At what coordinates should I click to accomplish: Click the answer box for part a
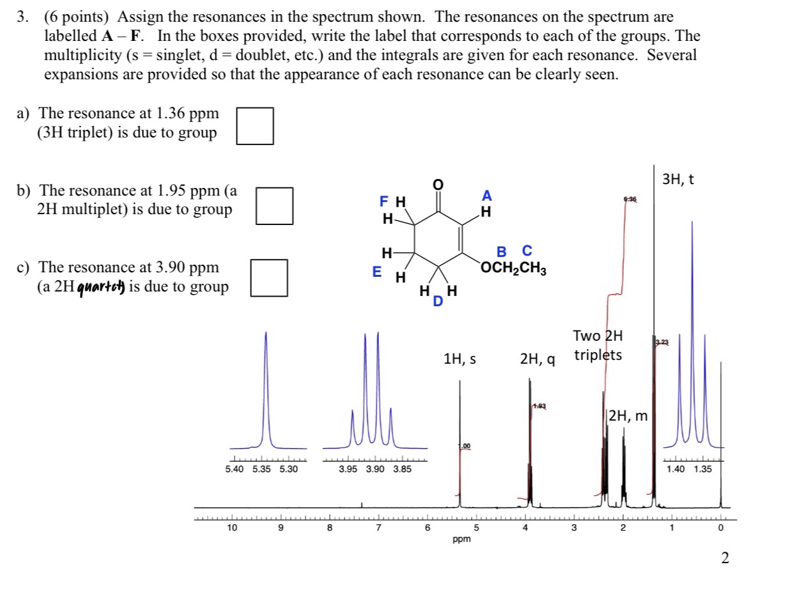(x=256, y=126)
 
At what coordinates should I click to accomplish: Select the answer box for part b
(x=275, y=206)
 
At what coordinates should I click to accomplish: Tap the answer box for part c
(x=268, y=278)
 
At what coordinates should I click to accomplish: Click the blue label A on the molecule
(x=487, y=195)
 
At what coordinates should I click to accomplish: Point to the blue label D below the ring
(x=438, y=301)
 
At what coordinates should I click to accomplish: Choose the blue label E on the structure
(x=378, y=272)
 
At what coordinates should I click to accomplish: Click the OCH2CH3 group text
(x=513, y=267)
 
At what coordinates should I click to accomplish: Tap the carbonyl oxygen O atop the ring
(x=438, y=185)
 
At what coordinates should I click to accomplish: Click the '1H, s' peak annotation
(x=460, y=359)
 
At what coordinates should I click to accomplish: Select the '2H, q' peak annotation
(x=537, y=361)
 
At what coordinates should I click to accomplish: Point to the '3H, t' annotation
(x=678, y=180)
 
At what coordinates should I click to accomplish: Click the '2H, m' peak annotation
(x=628, y=417)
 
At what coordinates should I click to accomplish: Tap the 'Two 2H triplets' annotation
(x=598, y=345)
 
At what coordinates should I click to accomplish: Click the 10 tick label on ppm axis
(x=231, y=528)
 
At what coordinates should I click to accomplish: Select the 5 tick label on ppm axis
(x=475, y=528)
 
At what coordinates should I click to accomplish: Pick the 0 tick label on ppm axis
(x=720, y=528)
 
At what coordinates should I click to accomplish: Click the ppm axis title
(x=461, y=540)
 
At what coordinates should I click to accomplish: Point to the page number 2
(x=724, y=559)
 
